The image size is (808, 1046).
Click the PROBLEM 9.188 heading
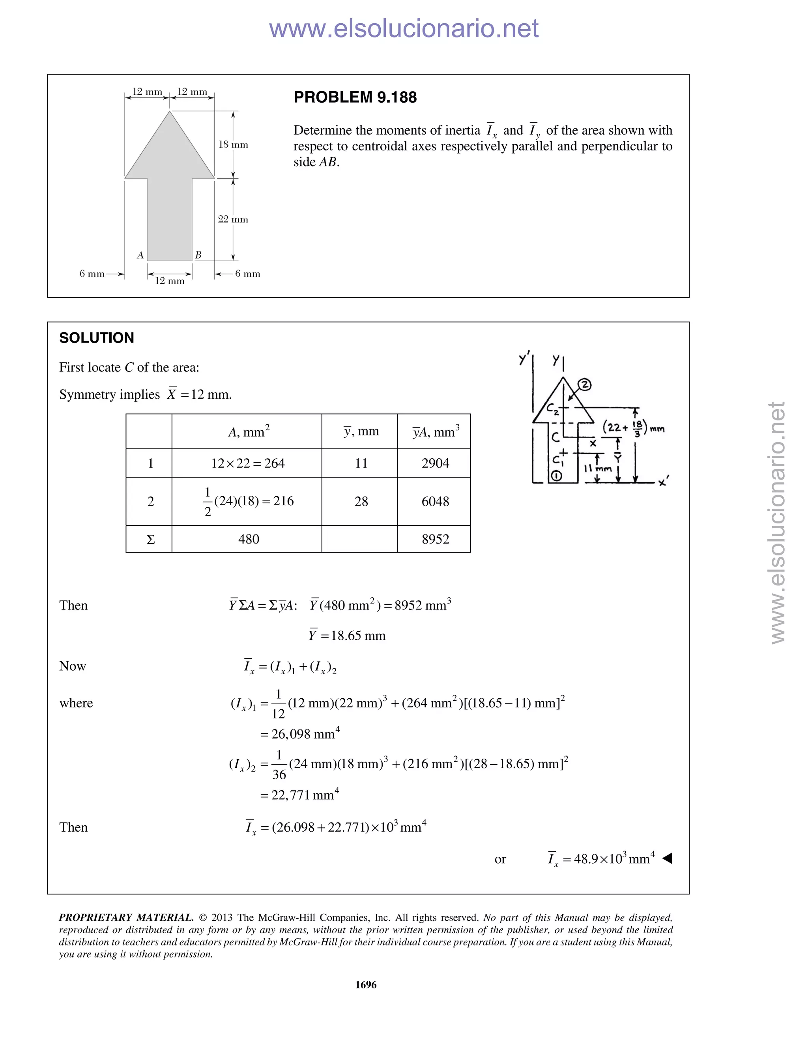click(x=355, y=97)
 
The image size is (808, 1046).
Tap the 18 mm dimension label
click(x=233, y=144)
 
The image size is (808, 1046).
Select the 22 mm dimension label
click(x=233, y=219)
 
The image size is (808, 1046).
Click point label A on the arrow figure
click(x=140, y=255)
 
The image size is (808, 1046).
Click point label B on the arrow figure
click(x=198, y=255)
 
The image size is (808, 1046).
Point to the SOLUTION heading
click(x=97, y=338)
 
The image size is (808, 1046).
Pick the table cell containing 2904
click(x=435, y=463)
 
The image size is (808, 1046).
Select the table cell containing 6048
click(x=435, y=501)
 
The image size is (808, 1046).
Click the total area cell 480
click(x=249, y=539)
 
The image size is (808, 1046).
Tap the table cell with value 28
click(x=361, y=501)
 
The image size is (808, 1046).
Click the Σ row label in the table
click(x=150, y=540)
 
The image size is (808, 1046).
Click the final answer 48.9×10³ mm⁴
click(x=602, y=859)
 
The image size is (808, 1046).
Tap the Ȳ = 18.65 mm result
click(x=347, y=635)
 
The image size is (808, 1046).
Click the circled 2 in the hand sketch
click(x=584, y=384)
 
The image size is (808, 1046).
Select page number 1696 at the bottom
click(x=366, y=985)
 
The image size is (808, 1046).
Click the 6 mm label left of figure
click(x=92, y=274)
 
